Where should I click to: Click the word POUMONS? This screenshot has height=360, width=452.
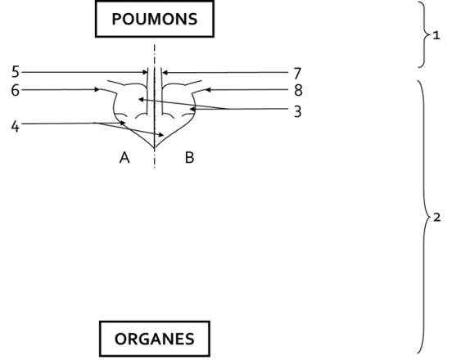point(155,20)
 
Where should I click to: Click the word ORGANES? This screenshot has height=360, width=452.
point(155,339)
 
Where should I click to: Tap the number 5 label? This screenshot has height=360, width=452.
point(16,72)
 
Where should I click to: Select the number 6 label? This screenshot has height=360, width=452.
point(16,90)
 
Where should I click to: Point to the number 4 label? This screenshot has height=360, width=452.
point(16,127)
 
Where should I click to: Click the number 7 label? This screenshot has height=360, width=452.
point(298,74)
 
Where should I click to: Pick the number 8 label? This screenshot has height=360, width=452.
point(298,90)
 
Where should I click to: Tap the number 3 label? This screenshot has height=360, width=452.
point(298,111)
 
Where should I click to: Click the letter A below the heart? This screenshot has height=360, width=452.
point(124,158)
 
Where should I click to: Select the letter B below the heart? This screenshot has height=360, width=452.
point(189,158)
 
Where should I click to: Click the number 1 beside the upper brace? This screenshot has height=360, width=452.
point(436,36)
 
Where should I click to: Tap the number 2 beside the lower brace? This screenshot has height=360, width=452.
point(437,218)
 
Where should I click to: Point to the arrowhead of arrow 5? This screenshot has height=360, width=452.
point(146,72)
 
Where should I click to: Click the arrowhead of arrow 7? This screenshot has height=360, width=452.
point(165,73)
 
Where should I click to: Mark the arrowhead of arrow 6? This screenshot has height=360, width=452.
point(97,89)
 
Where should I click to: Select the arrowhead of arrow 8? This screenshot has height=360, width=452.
point(207,90)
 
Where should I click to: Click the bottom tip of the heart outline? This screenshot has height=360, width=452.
point(155,148)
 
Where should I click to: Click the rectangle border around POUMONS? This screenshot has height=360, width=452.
point(155,2)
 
